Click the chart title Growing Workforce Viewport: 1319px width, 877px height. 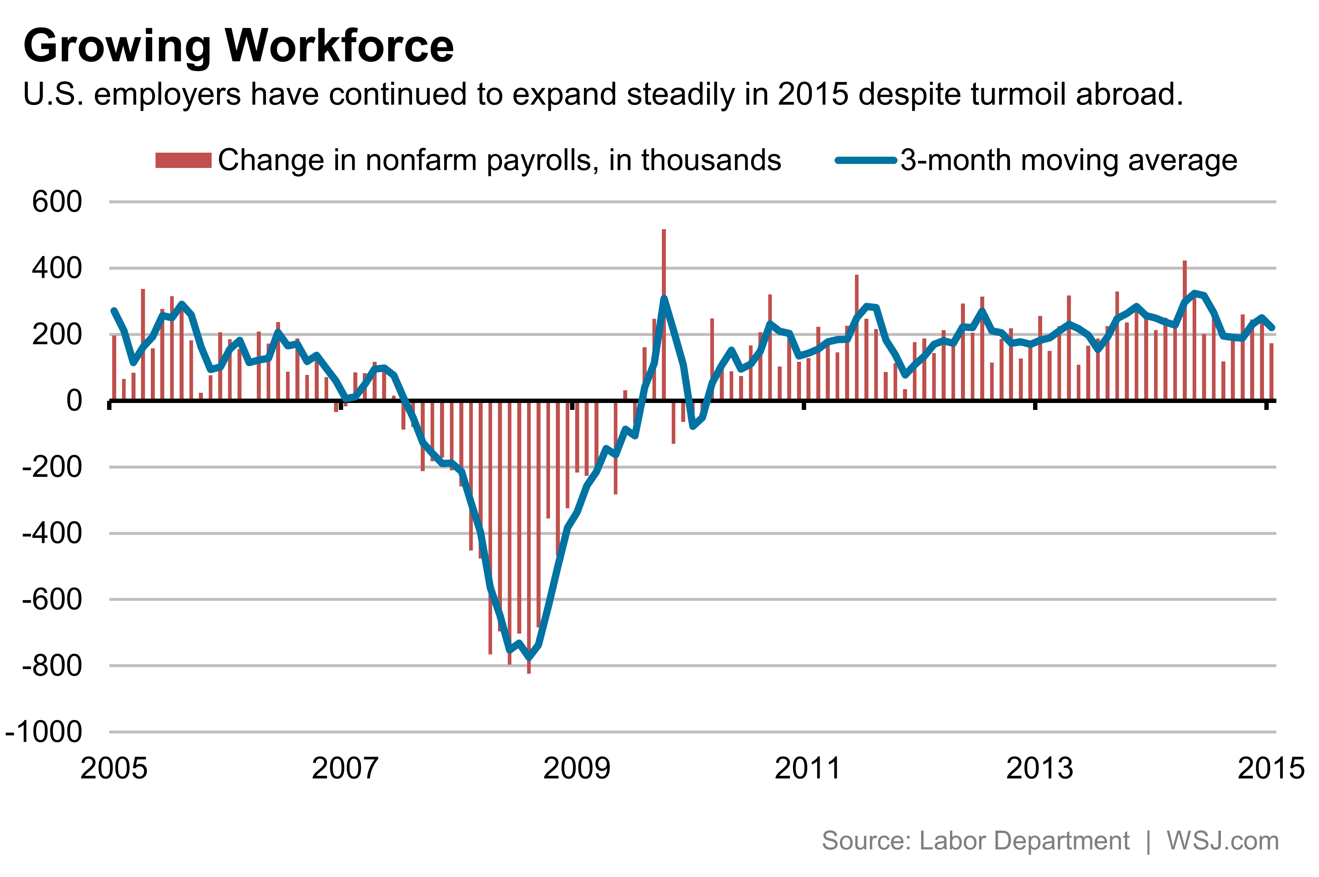coord(238,46)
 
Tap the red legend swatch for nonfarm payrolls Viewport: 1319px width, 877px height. coord(183,160)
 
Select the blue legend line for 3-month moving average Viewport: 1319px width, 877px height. coord(865,160)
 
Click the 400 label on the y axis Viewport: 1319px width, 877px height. coord(57,269)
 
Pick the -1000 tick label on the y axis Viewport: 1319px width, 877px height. coord(44,732)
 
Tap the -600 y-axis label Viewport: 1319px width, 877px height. coord(51,600)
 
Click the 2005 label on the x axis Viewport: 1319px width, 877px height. coord(114,768)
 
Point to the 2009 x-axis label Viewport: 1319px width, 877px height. coord(577,768)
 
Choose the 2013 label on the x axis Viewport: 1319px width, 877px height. coord(1040,768)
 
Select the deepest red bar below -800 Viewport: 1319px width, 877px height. coord(529,559)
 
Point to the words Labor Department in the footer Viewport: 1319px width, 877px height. coord(1024,841)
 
